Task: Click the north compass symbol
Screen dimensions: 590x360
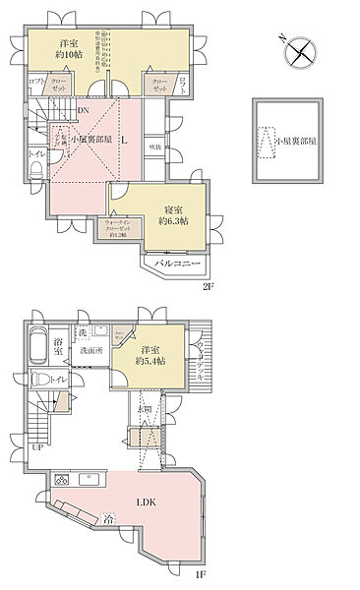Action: click(x=298, y=51)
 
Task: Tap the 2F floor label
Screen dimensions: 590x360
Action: click(x=208, y=286)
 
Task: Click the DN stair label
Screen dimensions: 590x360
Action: click(x=84, y=110)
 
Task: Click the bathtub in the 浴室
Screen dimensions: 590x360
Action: click(x=36, y=347)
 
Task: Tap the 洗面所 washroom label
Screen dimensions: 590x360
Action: click(x=90, y=350)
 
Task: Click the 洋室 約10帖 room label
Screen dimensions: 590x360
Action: click(x=69, y=50)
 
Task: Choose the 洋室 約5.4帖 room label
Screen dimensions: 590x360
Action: click(x=150, y=355)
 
